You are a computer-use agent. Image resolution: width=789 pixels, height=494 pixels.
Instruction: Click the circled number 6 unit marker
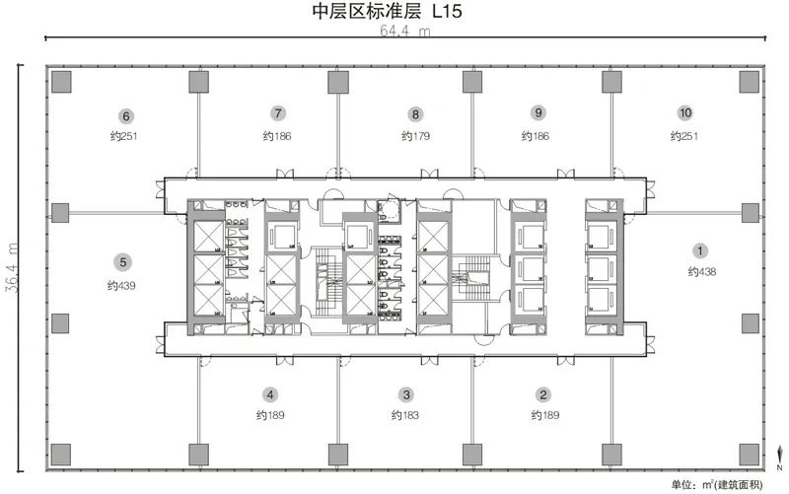(126, 113)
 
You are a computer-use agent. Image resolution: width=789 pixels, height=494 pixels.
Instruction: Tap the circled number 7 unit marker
(279, 113)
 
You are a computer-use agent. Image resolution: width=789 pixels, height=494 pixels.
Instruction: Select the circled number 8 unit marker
(416, 113)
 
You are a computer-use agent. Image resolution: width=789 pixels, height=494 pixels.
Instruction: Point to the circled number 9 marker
(538, 113)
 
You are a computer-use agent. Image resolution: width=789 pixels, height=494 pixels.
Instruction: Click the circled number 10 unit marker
(683, 113)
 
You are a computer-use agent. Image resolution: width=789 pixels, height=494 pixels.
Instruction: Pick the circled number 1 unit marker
(701, 250)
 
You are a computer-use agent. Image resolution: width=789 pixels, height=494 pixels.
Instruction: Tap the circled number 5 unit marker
(122, 262)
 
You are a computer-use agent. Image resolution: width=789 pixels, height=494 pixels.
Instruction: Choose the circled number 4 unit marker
(269, 394)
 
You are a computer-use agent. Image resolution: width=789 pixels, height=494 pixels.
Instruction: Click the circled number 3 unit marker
(406, 394)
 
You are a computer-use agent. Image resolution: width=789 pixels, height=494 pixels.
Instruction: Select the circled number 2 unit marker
(542, 394)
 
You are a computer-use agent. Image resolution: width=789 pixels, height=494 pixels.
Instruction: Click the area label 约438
(701, 271)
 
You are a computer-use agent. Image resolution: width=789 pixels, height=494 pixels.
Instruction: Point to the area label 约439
(121, 286)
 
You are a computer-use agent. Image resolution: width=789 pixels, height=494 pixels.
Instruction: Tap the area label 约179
(415, 135)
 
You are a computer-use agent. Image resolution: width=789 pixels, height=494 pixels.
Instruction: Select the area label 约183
(405, 415)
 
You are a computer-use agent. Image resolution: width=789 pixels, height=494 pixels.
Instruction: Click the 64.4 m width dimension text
(405, 31)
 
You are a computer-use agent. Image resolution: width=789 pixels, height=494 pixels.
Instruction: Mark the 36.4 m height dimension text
(13, 267)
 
